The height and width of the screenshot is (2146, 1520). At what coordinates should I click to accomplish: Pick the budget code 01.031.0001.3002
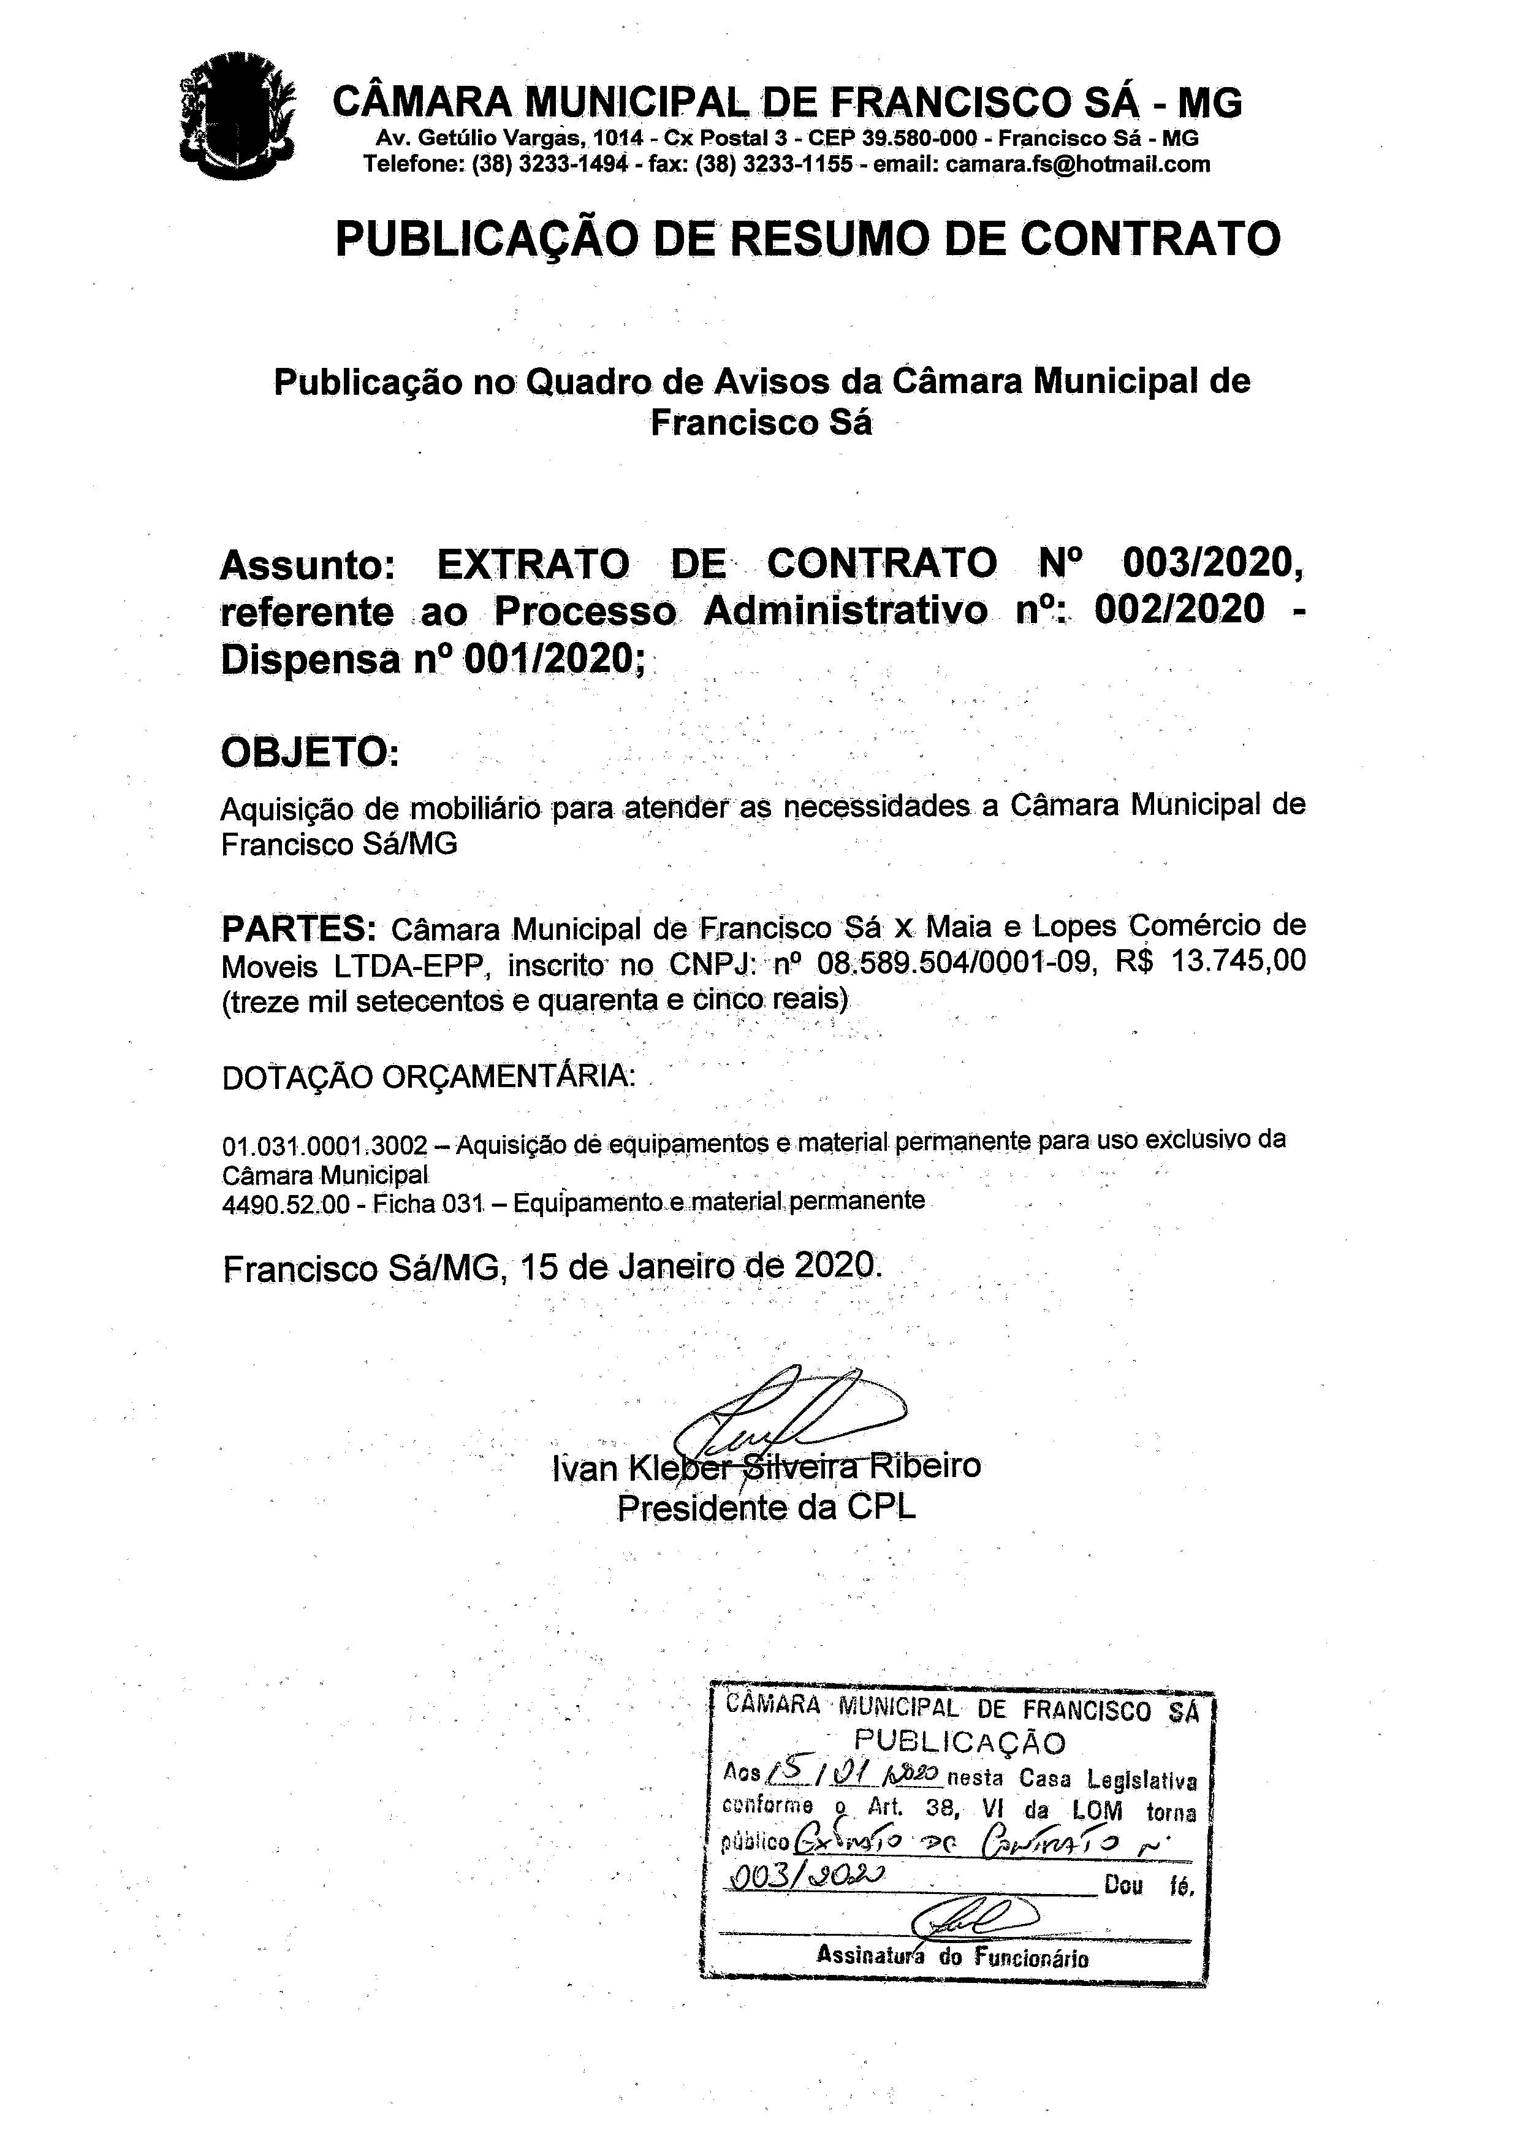[x=324, y=1144]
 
